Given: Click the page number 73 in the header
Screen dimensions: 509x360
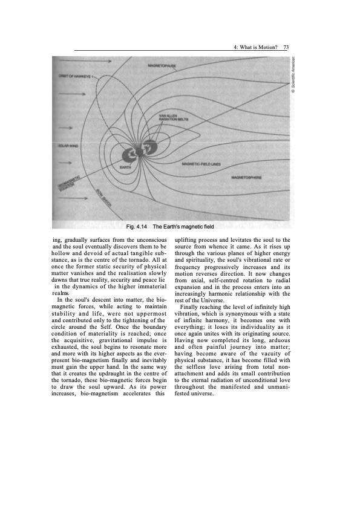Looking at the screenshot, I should pos(286,48).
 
